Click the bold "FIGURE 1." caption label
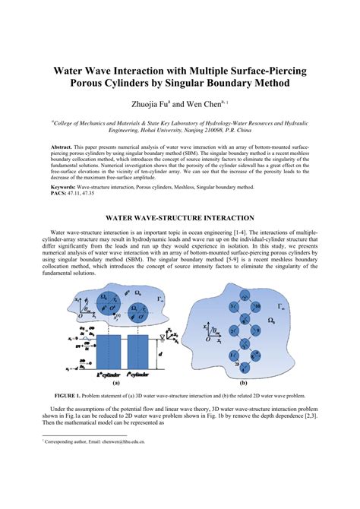[x=71, y=396]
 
